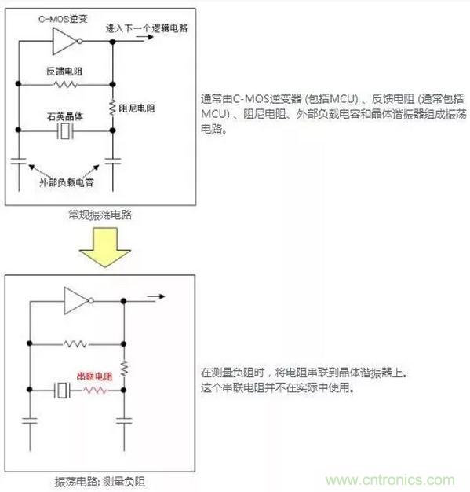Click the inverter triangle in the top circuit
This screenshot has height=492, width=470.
64,41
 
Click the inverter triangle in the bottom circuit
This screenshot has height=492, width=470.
76,300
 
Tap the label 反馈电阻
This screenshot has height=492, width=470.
64,72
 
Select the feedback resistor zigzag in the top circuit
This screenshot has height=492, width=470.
65,84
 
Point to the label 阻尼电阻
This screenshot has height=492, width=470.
137,108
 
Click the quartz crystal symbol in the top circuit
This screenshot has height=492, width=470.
65,130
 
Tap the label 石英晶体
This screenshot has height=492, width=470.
65,117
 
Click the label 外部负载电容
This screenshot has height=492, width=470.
67,182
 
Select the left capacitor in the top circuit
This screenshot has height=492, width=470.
19,161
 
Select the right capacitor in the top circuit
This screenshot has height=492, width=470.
113,161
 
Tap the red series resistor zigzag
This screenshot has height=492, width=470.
96,390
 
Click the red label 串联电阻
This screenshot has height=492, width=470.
95,376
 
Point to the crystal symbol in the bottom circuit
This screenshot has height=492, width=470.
62,390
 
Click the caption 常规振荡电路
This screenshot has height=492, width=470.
100,215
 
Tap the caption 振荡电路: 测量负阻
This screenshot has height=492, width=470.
100,482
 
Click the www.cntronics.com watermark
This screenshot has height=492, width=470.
390,480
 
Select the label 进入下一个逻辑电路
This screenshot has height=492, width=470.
147,28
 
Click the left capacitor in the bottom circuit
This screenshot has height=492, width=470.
30,420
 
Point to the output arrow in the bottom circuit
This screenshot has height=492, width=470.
155,296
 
